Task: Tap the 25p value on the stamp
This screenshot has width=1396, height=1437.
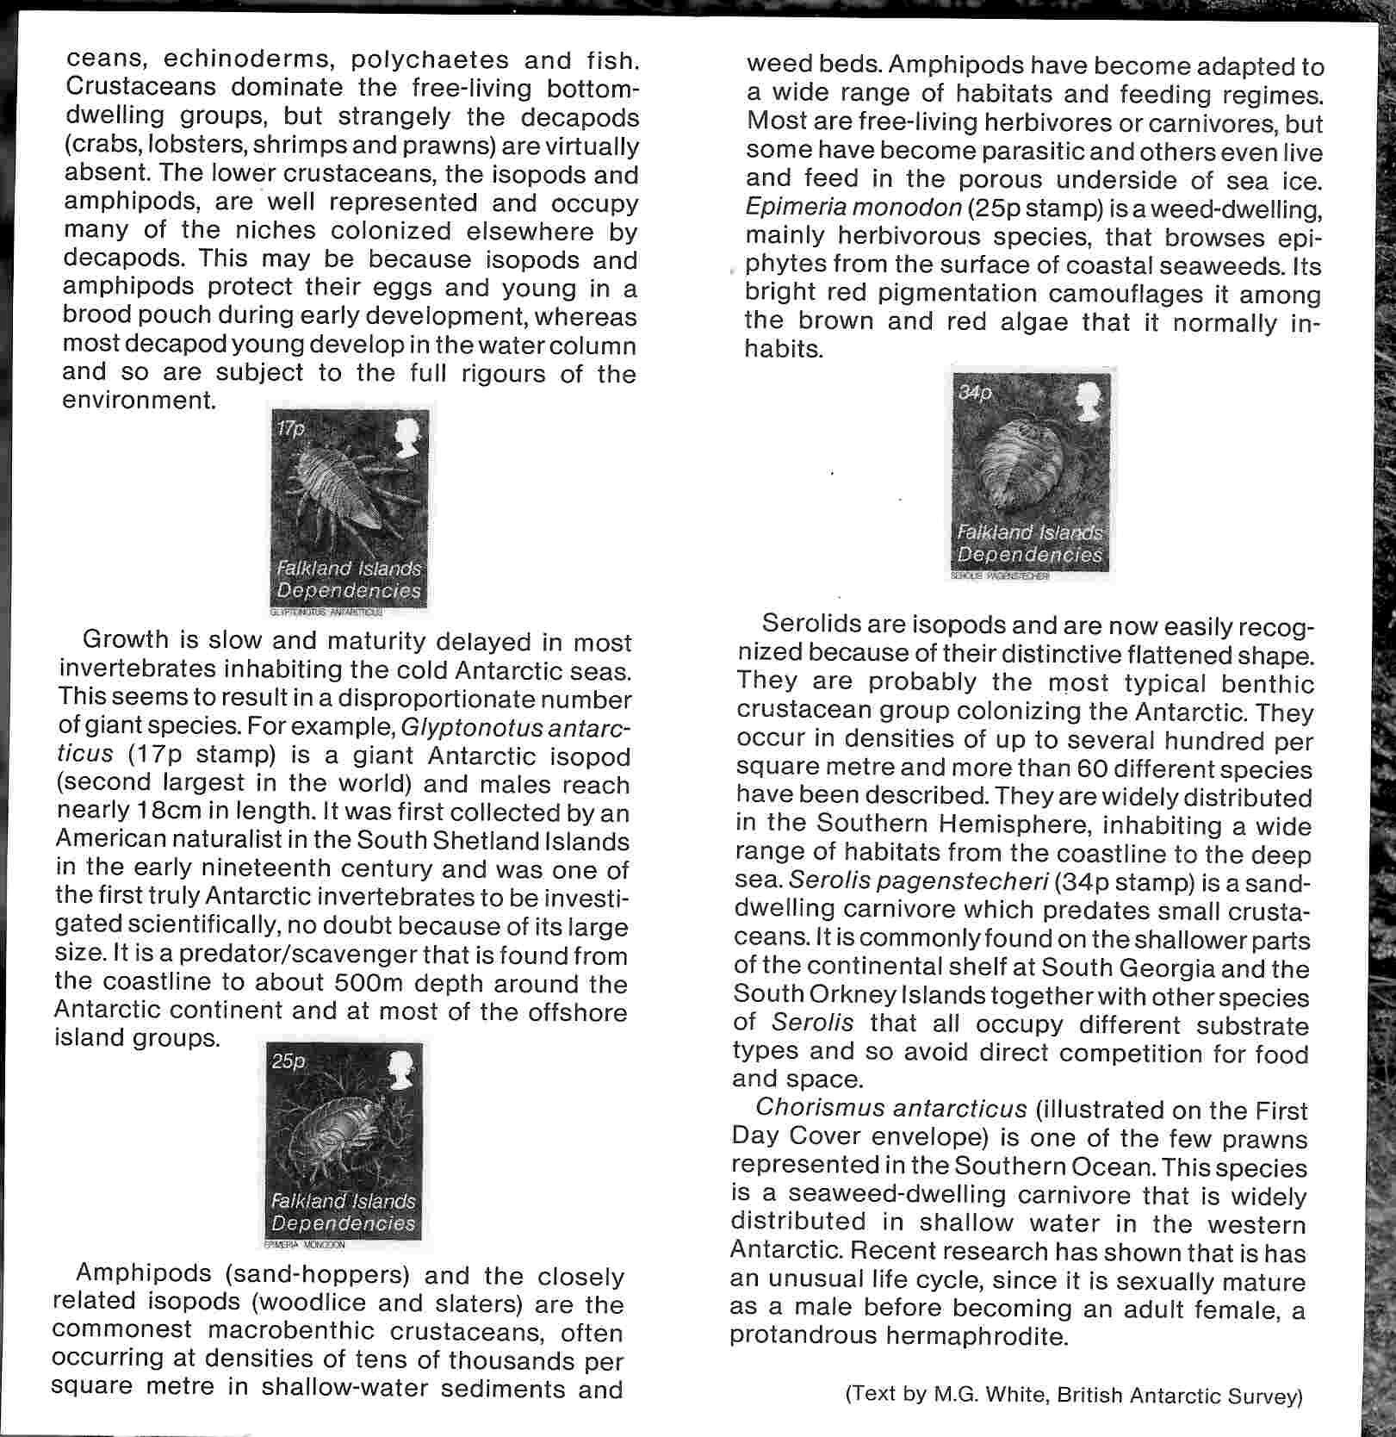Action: click(x=288, y=1062)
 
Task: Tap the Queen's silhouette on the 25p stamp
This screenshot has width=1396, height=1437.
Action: click(x=400, y=1073)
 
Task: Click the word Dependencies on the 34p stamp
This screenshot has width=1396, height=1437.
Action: click(x=1029, y=556)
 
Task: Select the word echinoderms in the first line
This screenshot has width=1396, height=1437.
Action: click(x=244, y=60)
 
